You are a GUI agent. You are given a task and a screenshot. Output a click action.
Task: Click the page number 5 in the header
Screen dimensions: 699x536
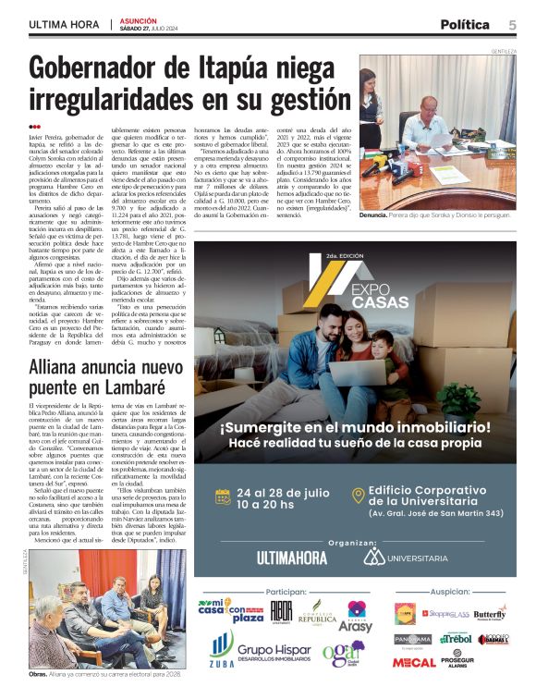tap(511, 25)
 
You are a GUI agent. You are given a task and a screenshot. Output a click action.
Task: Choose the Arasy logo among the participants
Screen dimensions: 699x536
tap(358, 616)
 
